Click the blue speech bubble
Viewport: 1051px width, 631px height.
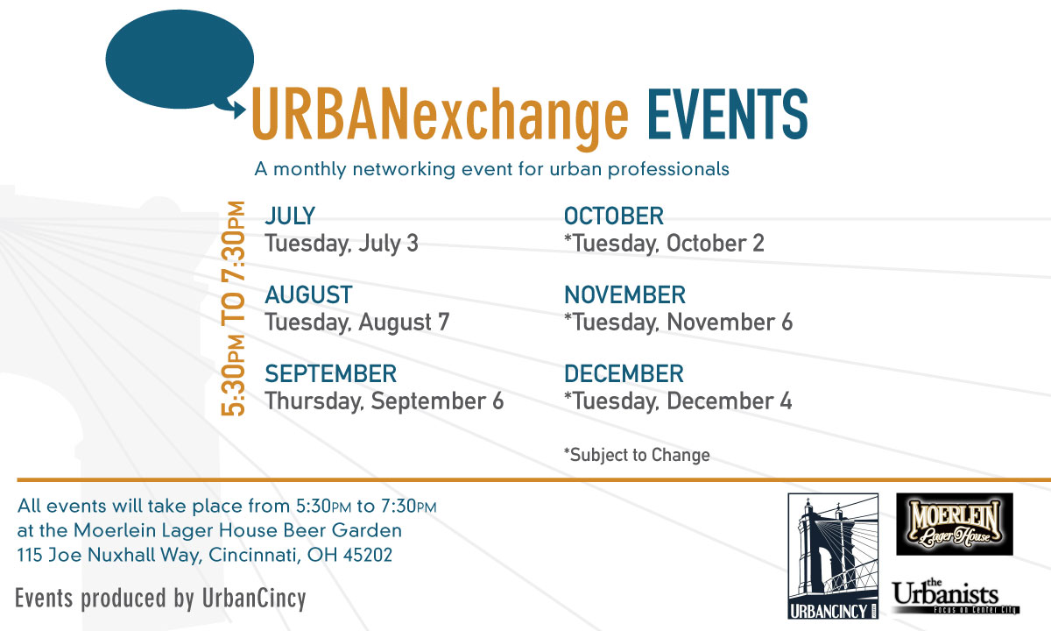[x=180, y=60]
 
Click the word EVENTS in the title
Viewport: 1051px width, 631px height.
[x=728, y=114]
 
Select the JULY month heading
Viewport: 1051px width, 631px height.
[x=290, y=216]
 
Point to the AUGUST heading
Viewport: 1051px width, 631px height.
[x=308, y=294]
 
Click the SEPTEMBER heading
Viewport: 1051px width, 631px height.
[x=331, y=373]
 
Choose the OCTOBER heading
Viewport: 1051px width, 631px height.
[x=614, y=216]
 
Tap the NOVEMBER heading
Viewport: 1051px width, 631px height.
[x=624, y=294]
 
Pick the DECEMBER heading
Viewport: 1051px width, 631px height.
[x=624, y=373]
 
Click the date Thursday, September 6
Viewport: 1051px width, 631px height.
[x=384, y=401]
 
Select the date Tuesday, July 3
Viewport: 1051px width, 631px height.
[x=342, y=244]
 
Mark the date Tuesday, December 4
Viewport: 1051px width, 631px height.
[x=678, y=401]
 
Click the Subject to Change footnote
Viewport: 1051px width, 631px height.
[x=637, y=455]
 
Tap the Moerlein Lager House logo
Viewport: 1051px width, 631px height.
[x=955, y=524]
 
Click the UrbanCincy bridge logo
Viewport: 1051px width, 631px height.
[x=833, y=556]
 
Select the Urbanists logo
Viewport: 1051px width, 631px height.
[x=956, y=596]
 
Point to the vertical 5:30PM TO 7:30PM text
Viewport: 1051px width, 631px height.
[x=233, y=308]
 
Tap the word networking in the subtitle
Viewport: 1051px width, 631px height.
[x=404, y=169]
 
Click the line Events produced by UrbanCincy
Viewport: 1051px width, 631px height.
[x=160, y=599]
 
